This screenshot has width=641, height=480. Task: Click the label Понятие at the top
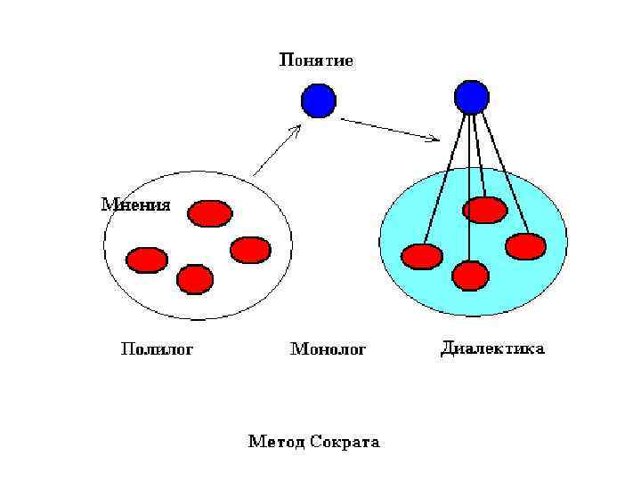tap(317, 61)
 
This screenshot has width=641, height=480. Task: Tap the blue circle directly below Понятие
tap(318, 100)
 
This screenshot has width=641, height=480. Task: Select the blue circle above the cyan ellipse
tap(471, 97)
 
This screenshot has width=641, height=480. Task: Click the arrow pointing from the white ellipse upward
tap(276, 150)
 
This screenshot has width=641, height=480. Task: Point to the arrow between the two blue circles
tap(390, 130)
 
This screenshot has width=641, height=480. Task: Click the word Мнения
tap(135, 204)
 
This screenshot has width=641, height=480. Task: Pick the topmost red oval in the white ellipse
tap(210, 213)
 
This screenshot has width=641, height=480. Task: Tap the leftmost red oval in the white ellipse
tap(147, 260)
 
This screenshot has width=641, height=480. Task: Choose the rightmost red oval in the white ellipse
tap(250, 250)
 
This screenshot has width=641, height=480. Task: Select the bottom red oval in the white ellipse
tap(195, 279)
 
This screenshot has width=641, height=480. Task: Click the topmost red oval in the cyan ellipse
tap(486, 210)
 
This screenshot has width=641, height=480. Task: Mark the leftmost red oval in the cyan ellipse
tap(422, 257)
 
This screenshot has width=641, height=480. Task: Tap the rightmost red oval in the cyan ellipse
tap(525, 245)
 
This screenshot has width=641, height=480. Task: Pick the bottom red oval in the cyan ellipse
tap(470, 276)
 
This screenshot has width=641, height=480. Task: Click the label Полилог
tap(157, 348)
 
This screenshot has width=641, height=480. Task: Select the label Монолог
tap(329, 349)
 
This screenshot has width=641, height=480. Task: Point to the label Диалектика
tap(492, 348)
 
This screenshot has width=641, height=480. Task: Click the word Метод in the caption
tap(277, 442)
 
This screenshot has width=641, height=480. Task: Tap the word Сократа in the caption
tap(345, 442)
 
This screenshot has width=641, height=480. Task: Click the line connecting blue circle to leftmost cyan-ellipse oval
tap(445, 178)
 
